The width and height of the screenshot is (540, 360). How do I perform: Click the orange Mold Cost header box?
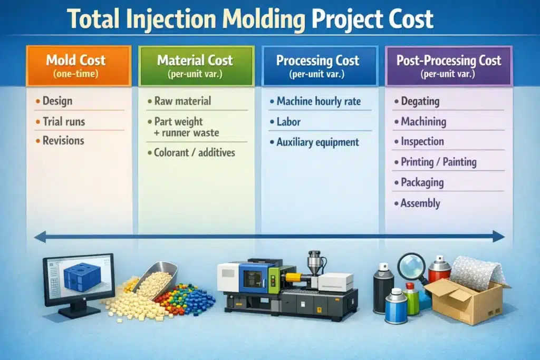[x=78, y=66]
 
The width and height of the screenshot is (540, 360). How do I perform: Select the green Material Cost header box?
[x=196, y=66]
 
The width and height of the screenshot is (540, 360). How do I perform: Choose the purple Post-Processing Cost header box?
[x=449, y=66]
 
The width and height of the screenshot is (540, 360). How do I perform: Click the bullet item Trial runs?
[x=63, y=122]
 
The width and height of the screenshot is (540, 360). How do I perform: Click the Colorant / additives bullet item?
[x=194, y=153]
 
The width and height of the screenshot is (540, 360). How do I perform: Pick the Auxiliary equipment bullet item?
[x=317, y=142]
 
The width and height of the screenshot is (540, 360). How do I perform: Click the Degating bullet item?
[x=419, y=101]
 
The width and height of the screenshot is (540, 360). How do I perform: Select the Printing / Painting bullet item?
[x=438, y=162]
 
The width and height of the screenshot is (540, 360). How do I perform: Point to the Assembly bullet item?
[x=420, y=203]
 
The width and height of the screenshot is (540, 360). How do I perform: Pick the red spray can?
[x=439, y=270]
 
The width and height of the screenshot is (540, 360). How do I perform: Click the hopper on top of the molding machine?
[x=315, y=264]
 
